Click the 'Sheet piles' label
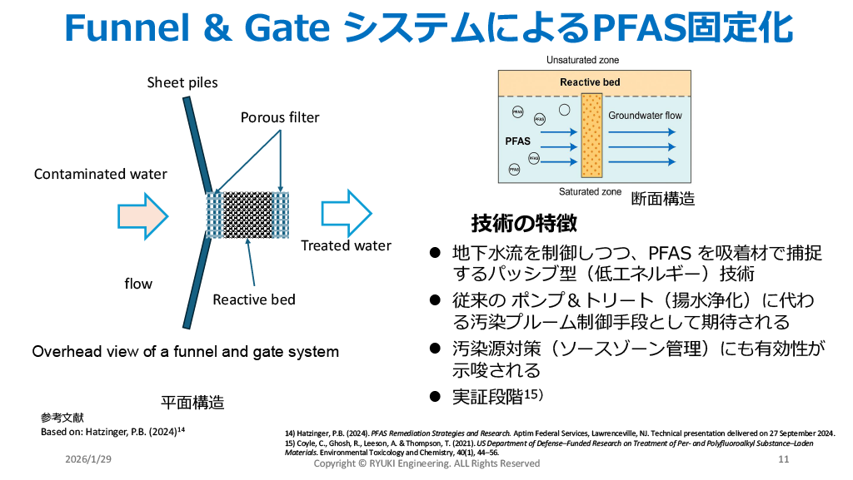182,82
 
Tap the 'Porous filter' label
280,117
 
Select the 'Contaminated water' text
100,174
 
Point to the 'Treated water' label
346,245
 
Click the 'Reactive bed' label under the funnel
254,299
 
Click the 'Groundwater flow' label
645,115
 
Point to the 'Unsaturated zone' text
582,60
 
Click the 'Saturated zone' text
590,191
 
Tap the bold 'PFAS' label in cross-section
517,141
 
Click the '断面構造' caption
662,199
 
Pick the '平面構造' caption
192,403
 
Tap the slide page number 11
783,460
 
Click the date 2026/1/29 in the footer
87,460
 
